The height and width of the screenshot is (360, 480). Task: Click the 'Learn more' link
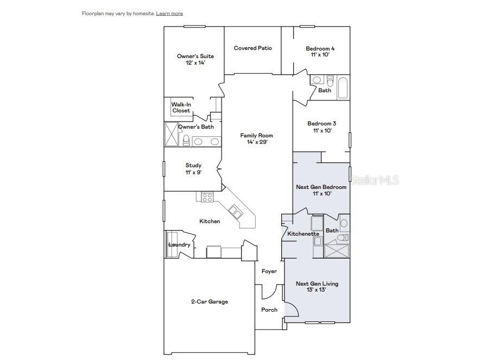click(169, 14)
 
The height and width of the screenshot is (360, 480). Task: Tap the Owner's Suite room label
click(195, 56)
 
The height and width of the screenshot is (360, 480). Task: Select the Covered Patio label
click(252, 48)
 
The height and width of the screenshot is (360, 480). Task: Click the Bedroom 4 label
click(320, 48)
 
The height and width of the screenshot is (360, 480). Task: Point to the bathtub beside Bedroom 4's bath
click(343, 88)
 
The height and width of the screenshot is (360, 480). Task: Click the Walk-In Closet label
click(181, 108)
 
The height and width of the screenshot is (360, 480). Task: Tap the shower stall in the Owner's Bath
click(172, 134)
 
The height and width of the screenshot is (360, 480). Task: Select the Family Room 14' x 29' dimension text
click(257, 142)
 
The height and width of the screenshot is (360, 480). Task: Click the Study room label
click(193, 166)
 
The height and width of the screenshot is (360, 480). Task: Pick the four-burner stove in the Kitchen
click(207, 197)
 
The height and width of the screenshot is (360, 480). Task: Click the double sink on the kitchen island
click(236, 212)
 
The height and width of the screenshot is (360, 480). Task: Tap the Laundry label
click(179, 244)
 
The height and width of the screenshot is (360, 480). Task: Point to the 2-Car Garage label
click(210, 302)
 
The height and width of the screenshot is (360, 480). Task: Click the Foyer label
click(269, 271)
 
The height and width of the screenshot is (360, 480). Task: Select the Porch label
click(269, 310)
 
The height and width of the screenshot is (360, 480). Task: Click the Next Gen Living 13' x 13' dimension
click(316, 289)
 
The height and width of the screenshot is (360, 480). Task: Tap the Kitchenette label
click(304, 234)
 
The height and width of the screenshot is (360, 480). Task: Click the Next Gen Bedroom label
click(321, 187)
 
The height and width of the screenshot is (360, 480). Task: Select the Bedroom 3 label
click(322, 124)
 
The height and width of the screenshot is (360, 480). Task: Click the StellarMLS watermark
click(375, 180)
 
